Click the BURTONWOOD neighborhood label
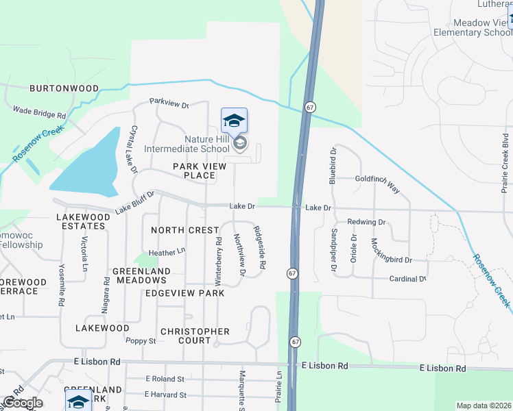(64, 88)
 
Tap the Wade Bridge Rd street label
(39, 112)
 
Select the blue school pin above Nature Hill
(234, 121)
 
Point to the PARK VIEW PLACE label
(193, 171)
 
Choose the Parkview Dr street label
(169, 104)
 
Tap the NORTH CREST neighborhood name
(184, 230)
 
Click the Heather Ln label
(167, 252)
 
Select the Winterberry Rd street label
(219, 261)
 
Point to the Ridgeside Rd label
(259, 247)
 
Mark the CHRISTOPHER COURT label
(195, 336)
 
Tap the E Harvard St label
(165, 395)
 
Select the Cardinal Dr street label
(407, 279)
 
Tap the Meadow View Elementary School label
(473, 27)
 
